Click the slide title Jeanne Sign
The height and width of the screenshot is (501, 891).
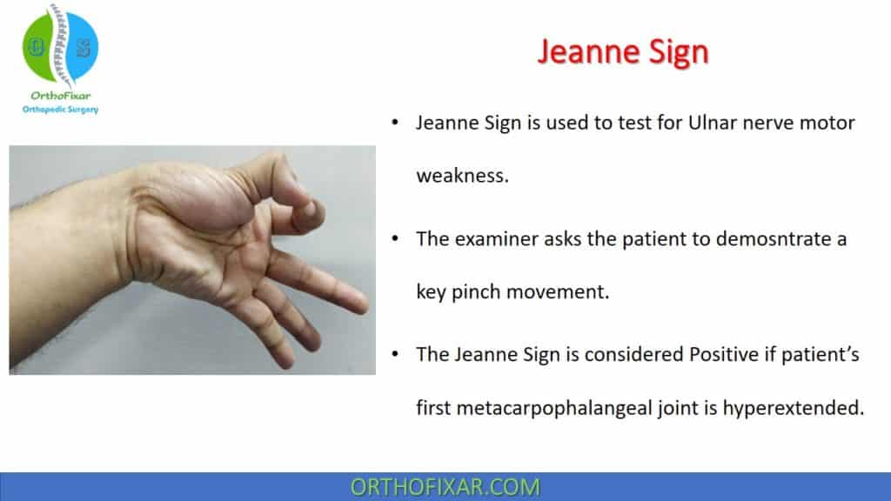(x=623, y=51)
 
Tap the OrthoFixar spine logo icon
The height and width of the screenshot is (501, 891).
(x=60, y=47)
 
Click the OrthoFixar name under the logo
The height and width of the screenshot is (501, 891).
(x=60, y=96)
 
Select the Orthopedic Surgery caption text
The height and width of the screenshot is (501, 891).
(x=60, y=110)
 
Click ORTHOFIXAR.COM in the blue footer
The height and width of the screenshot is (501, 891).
(x=445, y=486)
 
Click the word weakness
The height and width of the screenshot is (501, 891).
(x=461, y=175)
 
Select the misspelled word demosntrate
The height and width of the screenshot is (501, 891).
(x=761, y=238)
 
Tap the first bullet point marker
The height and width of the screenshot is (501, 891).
(x=395, y=124)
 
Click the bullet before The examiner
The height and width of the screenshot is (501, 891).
(x=395, y=238)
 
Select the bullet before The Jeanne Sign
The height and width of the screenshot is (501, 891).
(x=395, y=354)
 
